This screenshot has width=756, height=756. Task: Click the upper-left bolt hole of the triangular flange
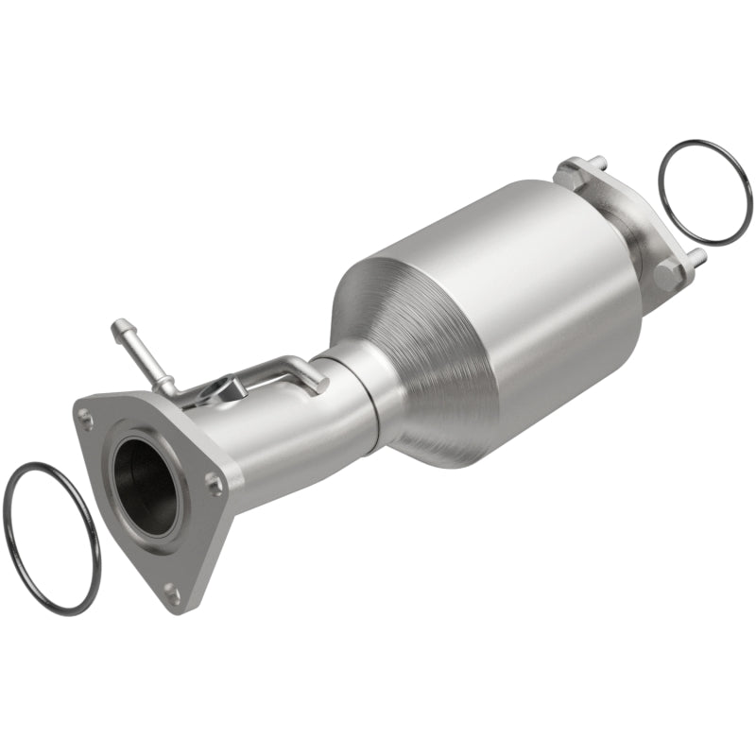point(87,415)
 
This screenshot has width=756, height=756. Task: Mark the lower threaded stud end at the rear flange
point(698,255)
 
